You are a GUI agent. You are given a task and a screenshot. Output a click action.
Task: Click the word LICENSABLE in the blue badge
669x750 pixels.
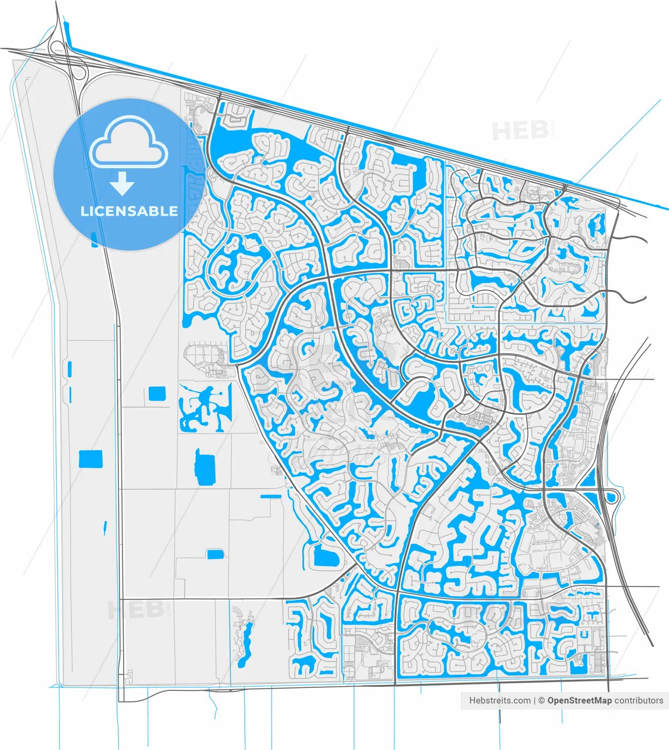(x=129, y=211)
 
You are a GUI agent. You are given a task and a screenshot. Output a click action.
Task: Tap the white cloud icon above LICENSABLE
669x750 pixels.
(x=128, y=142)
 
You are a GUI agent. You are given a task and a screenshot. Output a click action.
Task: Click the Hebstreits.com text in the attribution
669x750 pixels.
(x=500, y=700)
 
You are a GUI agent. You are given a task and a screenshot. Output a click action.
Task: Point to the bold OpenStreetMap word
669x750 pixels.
(x=579, y=700)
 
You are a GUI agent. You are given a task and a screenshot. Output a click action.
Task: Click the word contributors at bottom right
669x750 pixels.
(x=639, y=700)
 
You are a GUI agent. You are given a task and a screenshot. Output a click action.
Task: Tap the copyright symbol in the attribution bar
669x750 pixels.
(x=542, y=700)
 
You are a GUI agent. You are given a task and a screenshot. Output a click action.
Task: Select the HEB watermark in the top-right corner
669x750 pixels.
(x=512, y=131)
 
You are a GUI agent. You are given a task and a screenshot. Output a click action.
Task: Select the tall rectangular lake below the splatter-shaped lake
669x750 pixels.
(x=204, y=468)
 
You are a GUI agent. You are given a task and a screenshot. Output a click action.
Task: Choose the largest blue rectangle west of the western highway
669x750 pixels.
(x=90, y=459)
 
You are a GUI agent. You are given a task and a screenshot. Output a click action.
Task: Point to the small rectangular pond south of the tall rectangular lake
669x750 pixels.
(x=215, y=554)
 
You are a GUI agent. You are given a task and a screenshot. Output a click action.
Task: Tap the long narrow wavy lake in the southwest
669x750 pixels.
(x=245, y=642)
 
